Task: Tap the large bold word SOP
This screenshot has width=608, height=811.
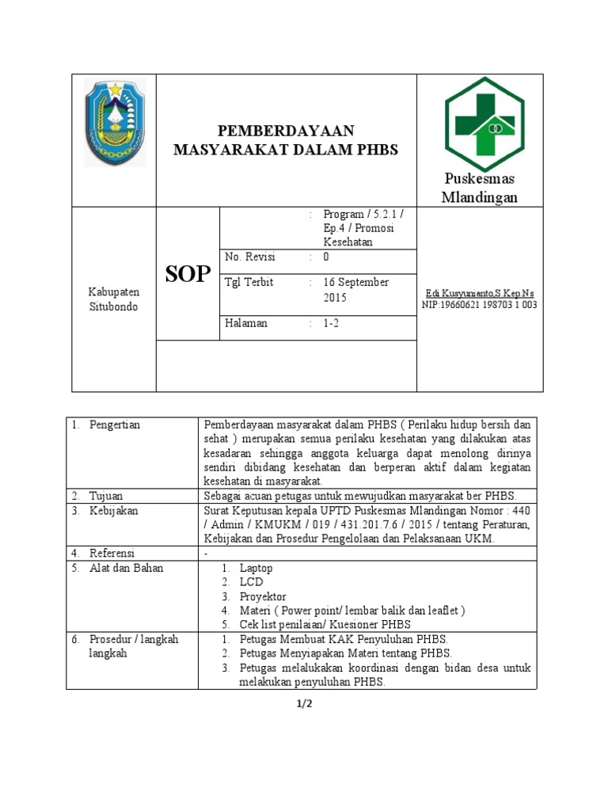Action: click(188, 275)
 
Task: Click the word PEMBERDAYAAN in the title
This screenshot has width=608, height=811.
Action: click(286, 131)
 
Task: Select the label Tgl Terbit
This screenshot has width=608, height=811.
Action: click(249, 283)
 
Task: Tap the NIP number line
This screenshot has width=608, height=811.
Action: click(479, 304)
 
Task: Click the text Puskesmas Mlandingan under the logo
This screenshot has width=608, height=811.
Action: click(479, 188)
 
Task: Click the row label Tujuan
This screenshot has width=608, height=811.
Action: click(106, 495)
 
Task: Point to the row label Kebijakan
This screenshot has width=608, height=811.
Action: click(112, 511)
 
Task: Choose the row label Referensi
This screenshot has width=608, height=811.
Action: click(112, 553)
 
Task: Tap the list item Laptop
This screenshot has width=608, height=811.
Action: click(256, 568)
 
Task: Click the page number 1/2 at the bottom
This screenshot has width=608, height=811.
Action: click(305, 706)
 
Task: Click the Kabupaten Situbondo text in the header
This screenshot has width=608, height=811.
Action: click(112, 299)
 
